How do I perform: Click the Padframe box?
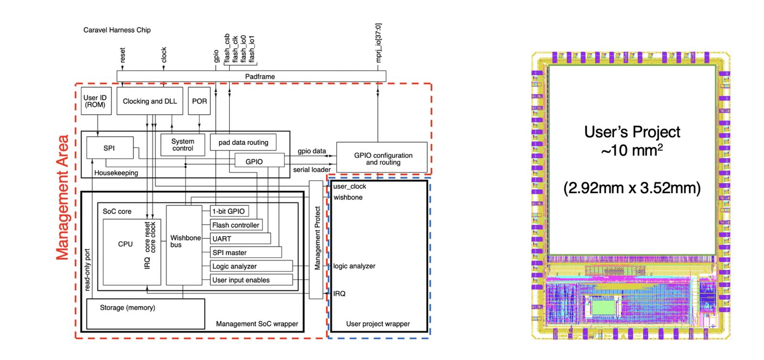point(251,76)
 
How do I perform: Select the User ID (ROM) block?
point(96,101)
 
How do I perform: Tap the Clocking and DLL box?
point(150,101)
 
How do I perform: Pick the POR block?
point(199,101)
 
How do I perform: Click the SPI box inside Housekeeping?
point(110,148)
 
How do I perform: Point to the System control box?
point(183,145)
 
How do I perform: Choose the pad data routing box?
point(243,142)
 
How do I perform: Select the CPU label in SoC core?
point(125,244)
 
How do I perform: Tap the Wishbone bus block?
point(184,245)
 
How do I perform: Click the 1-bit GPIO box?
point(229,211)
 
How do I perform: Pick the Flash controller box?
point(236,225)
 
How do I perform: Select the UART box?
point(240,239)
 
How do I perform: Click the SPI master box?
point(246,252)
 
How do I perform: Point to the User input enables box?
point(251,280)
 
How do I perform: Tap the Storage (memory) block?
point(146,314)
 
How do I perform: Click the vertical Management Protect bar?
point(316,240)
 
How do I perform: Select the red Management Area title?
point(63,197)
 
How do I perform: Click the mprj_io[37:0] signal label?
point(378,43)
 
